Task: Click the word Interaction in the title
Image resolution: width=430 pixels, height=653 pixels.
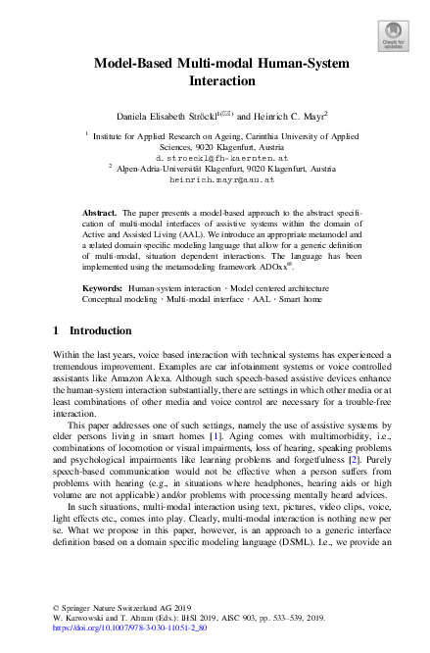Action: pos(215,81)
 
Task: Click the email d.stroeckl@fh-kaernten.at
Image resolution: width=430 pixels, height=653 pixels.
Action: pos(215,157)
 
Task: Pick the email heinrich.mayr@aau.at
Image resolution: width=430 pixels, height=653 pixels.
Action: pos(215,180)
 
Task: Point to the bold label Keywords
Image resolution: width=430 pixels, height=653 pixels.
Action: pos(103,288)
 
